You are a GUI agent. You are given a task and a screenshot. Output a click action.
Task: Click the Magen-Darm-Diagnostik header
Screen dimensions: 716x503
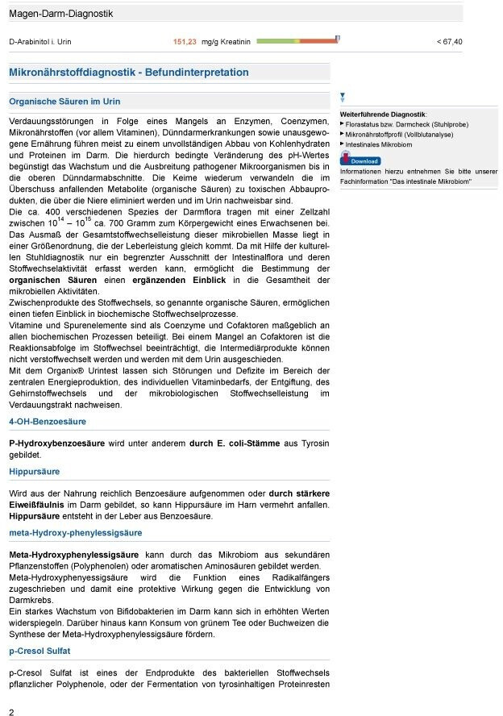coord(60,14)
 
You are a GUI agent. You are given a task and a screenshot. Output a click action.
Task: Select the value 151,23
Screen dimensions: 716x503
coord(185,41)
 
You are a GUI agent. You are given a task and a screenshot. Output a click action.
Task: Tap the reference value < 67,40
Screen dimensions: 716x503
coord(449,41)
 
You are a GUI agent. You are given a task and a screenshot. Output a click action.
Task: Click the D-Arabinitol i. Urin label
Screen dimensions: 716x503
coord(41,41)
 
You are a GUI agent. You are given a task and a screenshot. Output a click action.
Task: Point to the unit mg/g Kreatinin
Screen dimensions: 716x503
coord(227,41)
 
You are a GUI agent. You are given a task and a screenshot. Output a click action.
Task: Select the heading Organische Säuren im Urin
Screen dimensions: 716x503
coord(64,102)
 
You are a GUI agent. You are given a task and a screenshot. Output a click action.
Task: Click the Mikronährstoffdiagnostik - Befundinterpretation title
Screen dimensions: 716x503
coord(128,73)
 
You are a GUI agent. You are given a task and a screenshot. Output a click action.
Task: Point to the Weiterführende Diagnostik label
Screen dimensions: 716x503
coord(383,114)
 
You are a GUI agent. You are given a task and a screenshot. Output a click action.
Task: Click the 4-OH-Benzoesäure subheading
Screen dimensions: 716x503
coord(48,422)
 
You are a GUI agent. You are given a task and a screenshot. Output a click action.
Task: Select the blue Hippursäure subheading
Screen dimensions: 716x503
coord(34,472)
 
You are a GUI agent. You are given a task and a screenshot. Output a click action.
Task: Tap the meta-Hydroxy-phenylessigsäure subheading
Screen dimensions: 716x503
coord(75,533)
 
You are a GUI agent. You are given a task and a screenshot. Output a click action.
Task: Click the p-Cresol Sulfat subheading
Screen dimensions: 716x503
coord(39,651)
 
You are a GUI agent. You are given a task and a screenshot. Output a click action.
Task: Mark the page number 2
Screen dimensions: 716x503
coord(11,711)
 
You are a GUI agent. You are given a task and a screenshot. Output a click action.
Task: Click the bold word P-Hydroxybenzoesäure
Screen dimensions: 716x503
coord(56,443)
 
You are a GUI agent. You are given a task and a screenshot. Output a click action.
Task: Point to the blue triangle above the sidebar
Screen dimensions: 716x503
coord(343,96)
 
